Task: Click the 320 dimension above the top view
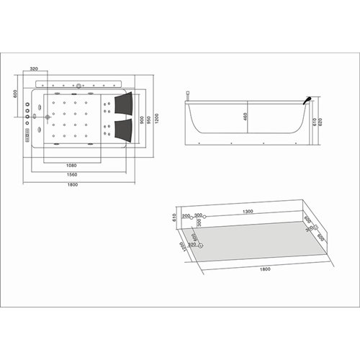point(34,69)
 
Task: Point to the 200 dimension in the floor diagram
point(185,215)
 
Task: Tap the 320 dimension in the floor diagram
point(191,246)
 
